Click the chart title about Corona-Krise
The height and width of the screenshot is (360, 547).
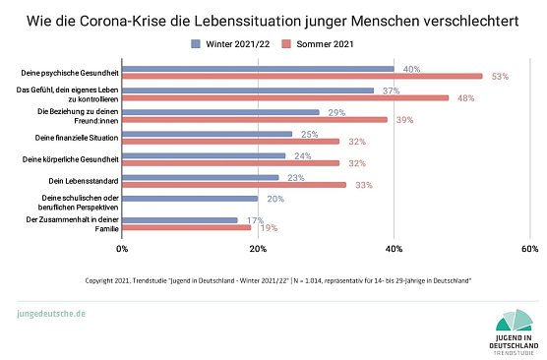(273, 19)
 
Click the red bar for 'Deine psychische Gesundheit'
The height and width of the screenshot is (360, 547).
(302, 76)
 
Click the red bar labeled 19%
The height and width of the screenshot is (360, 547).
(187, 227)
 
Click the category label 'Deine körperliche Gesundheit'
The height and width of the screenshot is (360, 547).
(70, 157)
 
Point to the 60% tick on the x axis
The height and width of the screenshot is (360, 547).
(528, 249)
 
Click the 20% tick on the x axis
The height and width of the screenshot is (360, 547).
(258, 249)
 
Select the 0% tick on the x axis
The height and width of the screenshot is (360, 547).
(123, 249)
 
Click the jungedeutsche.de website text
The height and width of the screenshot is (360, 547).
(52, 313)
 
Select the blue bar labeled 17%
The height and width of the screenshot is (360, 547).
(180, 220)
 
